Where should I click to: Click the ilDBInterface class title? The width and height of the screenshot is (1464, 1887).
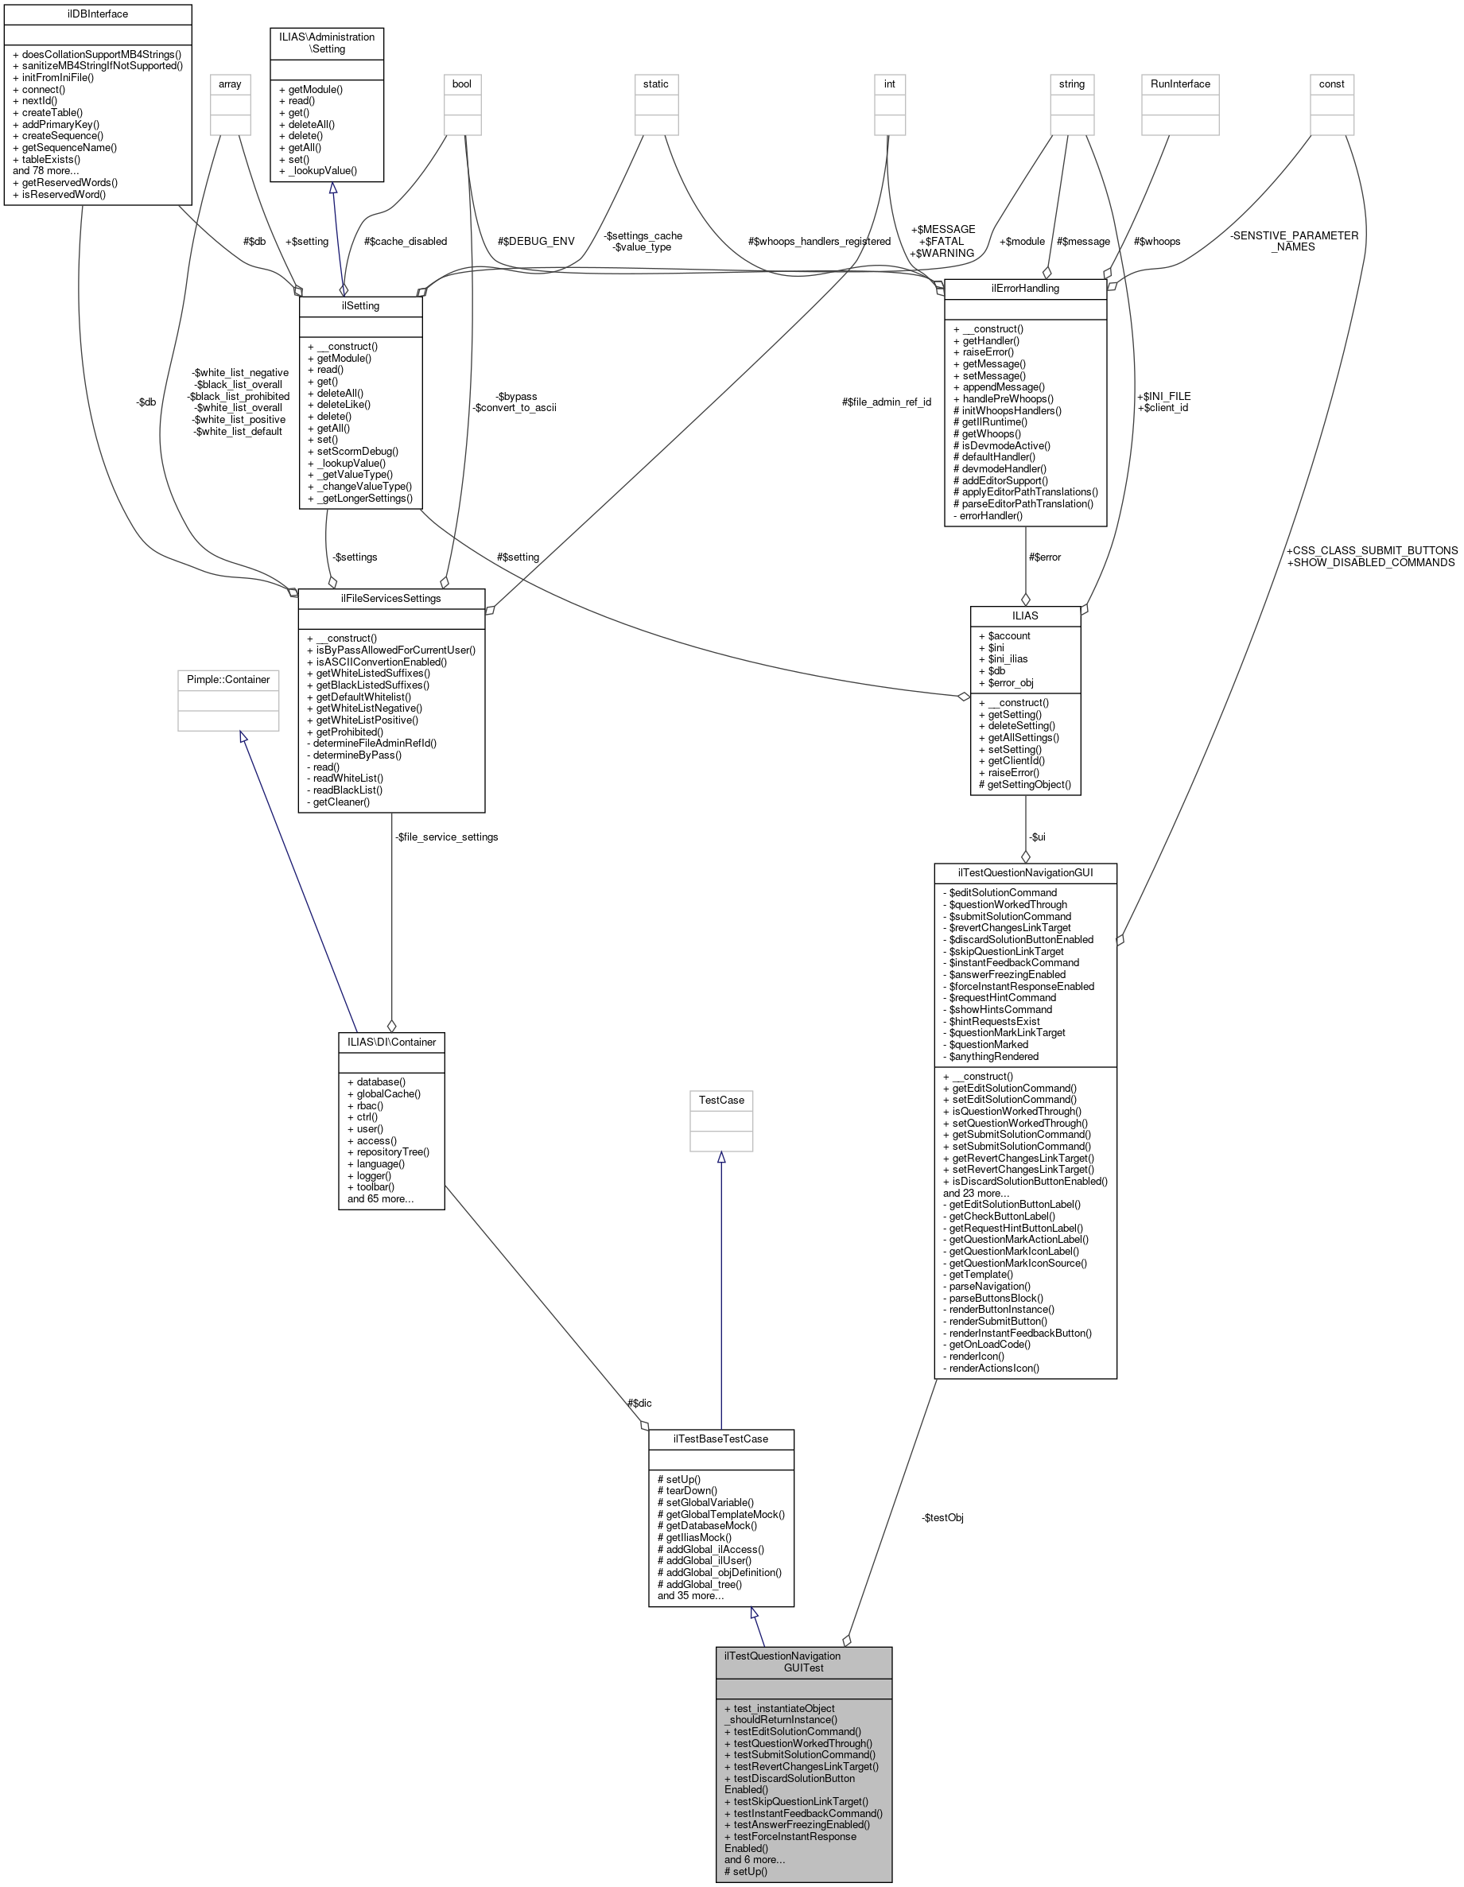tap(97, 14)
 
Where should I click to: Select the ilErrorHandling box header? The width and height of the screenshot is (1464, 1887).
tap(1025, 288)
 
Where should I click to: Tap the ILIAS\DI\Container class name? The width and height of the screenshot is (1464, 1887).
tap(391, 1042)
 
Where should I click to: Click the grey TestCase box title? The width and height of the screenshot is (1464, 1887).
tap(720, 1100)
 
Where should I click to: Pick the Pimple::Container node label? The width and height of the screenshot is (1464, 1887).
tap(228, 679)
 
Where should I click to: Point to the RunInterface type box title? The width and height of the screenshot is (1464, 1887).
tap(1179, 83)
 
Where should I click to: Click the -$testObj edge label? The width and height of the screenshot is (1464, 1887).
tap(942, 1517)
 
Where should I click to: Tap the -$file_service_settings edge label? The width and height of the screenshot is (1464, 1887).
tap(446, 837)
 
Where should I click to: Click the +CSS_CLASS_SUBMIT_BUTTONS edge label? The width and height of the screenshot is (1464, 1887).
tap(1372, 550)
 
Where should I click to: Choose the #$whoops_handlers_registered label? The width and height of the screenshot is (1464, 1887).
tap(819, 241)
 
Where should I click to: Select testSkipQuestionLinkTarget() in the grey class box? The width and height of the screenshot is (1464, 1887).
tap(800, 1801)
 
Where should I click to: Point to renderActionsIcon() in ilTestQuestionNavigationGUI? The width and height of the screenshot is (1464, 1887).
tap(994, 1368)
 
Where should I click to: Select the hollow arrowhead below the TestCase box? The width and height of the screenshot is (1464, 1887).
tap(720, 1157)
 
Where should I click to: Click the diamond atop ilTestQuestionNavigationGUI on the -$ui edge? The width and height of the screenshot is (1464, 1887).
tap(1026, 856)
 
